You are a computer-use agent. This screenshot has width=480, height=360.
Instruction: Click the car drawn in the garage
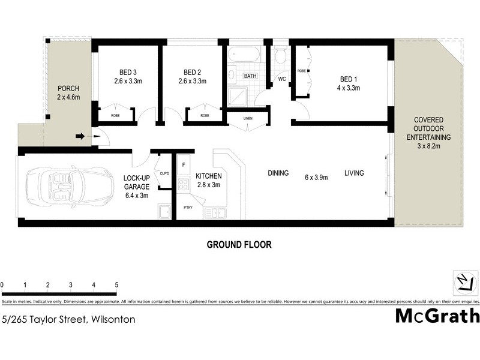point(69,186)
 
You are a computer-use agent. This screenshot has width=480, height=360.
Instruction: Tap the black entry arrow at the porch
point(80,137)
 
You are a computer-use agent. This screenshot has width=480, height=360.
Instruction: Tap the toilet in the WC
point(280,57)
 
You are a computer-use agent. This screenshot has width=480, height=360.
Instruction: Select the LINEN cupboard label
point(248,118)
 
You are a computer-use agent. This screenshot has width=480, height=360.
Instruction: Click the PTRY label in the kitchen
point(188,208)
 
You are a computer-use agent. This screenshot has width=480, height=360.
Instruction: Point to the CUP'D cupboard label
point(164,173)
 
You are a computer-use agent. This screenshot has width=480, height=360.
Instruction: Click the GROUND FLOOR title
point(239,245)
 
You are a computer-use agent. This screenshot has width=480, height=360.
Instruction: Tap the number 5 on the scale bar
point(116,285)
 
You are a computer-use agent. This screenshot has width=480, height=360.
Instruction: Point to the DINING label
point(278,173)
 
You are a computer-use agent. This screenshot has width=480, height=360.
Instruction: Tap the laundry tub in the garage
point(164,211)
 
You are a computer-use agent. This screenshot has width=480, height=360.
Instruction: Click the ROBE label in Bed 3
point(112,115)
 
